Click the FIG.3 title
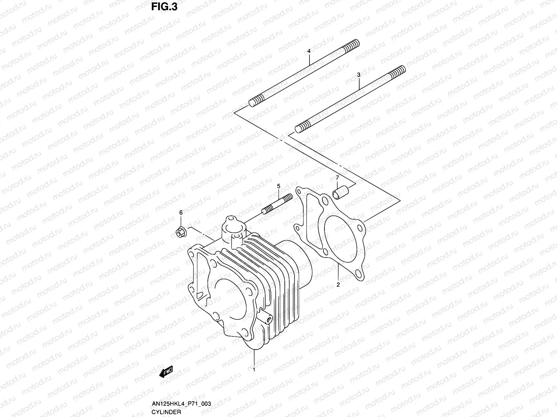coord(164,7)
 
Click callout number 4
coord(308,51)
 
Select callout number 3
coord(359,75)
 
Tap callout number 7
coord(337,178)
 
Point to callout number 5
coord(278,186)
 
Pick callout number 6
coord(181,212)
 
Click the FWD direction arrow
coord(166,372)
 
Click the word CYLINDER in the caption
coord(166,412)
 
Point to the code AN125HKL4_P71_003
coord(181,404)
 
